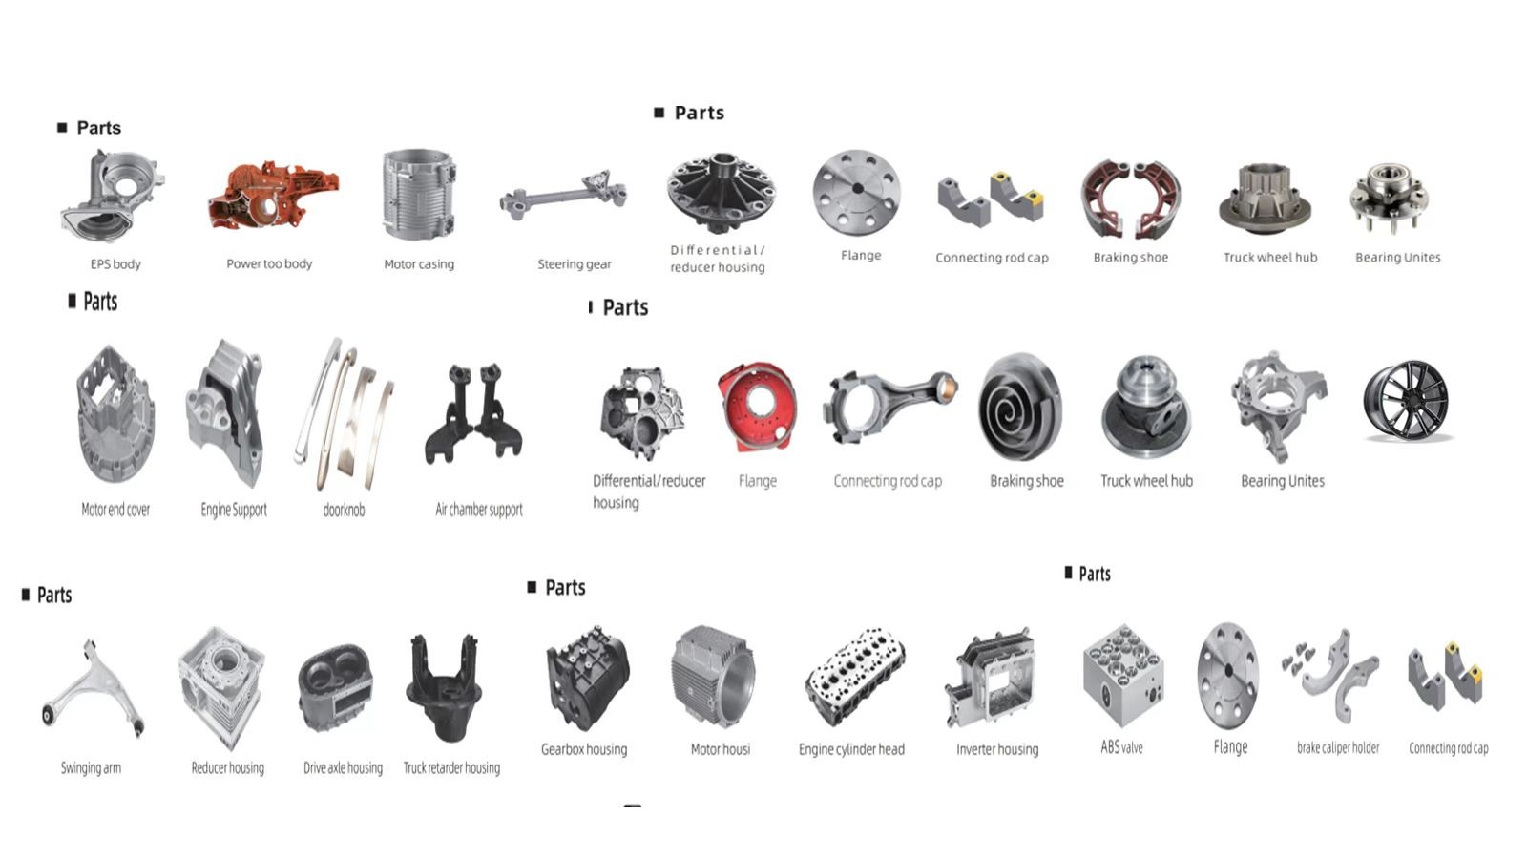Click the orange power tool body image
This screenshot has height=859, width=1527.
tap(273, 199)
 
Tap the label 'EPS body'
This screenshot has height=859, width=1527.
tap(115, 264)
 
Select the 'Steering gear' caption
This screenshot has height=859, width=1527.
tap(574, 264)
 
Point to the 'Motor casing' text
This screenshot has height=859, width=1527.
tap(419, 264)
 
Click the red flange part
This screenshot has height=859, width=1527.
tap(758, 408)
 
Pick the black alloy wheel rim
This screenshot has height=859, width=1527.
tap(1407, 401)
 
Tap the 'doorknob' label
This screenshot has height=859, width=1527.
tap(344, 510)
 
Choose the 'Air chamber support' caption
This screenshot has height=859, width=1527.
tap(478, 510)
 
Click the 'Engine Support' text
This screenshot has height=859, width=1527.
tap(234, 510)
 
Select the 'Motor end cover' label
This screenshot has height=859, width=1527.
tap(115, 510)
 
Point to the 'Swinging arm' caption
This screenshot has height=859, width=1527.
tap(91, 768)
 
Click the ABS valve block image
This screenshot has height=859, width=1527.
tap(1122, 675)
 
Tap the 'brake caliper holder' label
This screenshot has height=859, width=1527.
tap(1337, 748)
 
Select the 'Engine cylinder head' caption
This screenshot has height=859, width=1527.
tap(851, 750)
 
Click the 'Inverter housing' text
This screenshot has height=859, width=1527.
tap(997, 750)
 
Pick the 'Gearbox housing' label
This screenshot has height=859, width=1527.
tap(583, 750)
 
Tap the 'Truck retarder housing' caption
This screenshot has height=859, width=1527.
tap(451, 768)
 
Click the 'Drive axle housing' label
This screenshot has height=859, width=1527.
tap(343, 768)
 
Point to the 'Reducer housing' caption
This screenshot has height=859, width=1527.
tap(228, 768)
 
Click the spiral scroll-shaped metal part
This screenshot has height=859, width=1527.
tap(1020, 407)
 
